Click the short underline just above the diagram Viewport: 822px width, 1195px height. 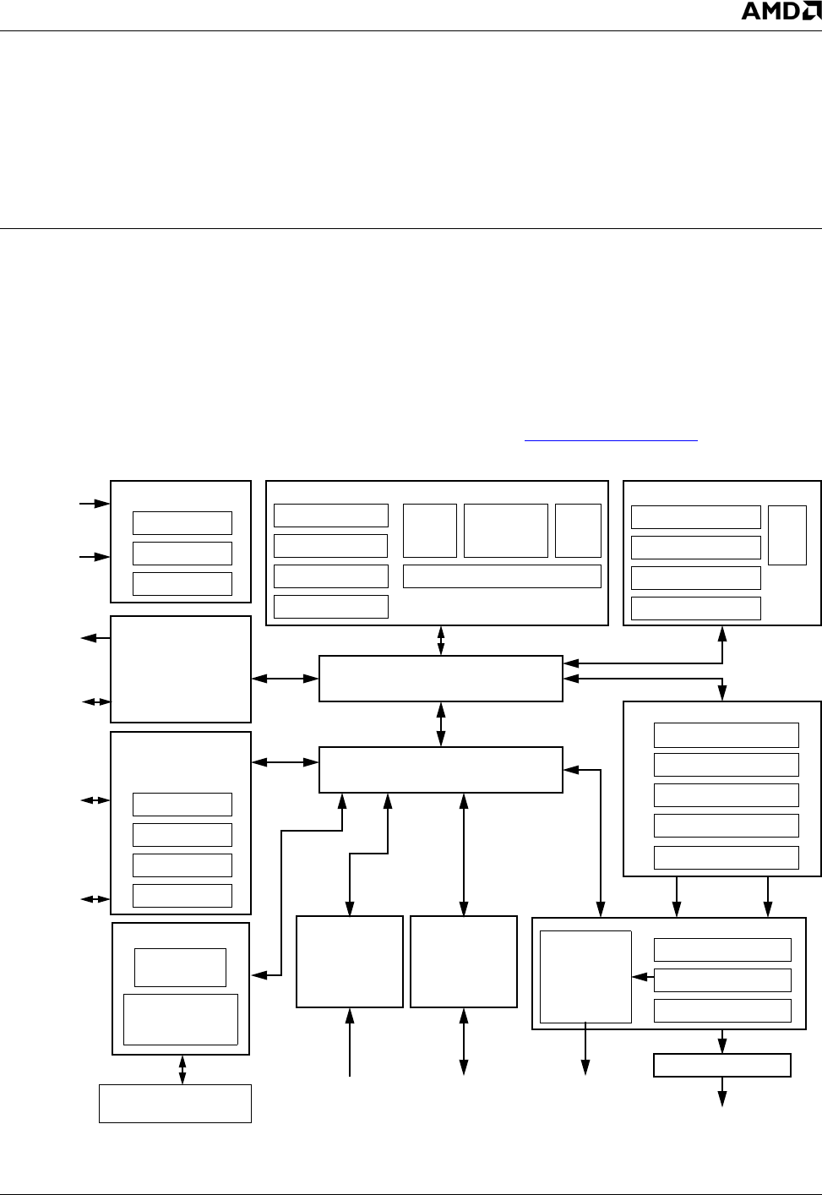point(612,440)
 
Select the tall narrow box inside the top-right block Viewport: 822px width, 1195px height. point(787,535)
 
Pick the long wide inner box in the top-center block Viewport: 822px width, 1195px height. point(502,576)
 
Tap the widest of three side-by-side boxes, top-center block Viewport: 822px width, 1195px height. point(506,531)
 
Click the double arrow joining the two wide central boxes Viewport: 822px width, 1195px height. point(441,724)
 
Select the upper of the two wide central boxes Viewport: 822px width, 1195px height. point(441,678)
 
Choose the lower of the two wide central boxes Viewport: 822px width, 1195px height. point(441,770)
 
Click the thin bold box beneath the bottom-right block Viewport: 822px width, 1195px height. point(722,1066)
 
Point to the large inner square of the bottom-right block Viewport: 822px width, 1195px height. point(585,977)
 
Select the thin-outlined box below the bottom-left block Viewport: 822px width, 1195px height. point(175,1104)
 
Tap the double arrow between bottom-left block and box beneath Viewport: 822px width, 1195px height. point(182,1070)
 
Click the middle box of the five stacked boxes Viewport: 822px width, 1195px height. point(727,795)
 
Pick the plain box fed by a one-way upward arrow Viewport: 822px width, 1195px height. point(350,961)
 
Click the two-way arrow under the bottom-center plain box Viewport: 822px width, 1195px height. point(463,1042)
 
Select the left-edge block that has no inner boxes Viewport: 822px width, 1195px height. point(181,669)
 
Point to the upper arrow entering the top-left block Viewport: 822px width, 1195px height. point(95,504)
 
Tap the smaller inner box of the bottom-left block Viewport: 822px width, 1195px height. point(181,968)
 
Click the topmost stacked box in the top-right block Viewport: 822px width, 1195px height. point(696,517)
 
